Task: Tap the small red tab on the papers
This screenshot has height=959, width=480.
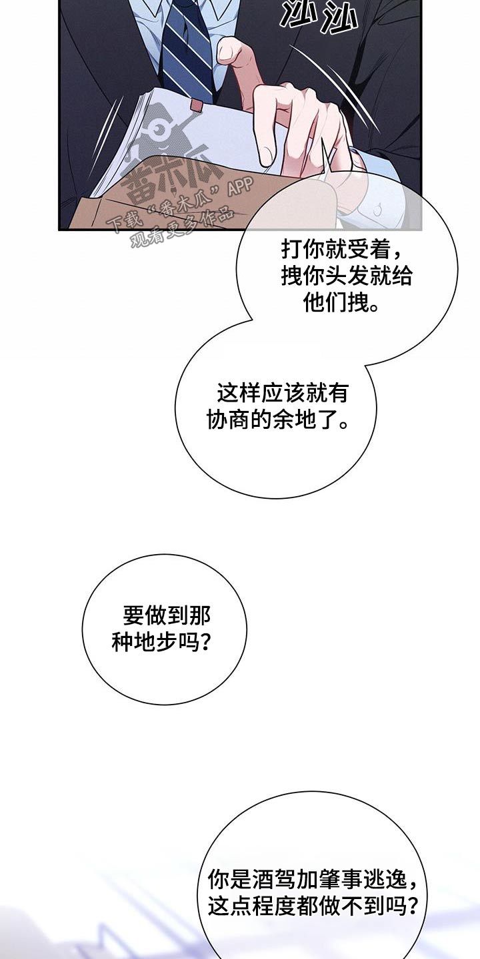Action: click(196, 105)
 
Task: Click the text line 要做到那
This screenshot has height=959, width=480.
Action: click(167, 614)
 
